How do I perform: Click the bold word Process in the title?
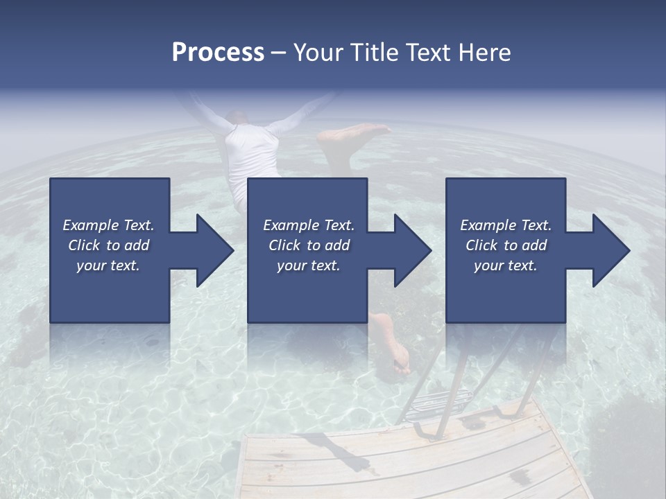pyautogui.click(x=218, y=53)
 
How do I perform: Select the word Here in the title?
pyautogui.click(x=484, y=53)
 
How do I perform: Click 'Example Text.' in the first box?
pyautogui.click(x=108, y=225)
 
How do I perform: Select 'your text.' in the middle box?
pyautogui.click(x=308, y=265)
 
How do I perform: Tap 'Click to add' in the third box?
pyautogui.click(x=506, y=245)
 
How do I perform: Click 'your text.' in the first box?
pyautogui.click(x=108, y=265)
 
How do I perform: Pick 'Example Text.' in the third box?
pyautogui.click(x=506, y=225)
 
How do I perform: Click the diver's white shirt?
pyautogui.click(x=251, y=156)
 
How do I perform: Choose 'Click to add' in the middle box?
pyautogui.click(x=308, y=245)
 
